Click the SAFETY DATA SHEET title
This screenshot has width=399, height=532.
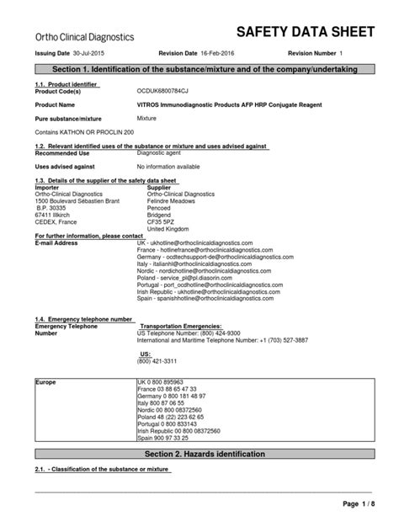click(x=305, y=33)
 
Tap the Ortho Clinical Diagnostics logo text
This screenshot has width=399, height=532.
click(x=85, y=36)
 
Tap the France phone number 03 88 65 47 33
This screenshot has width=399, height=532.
click(x=173, y=388)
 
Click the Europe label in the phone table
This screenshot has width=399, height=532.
click(x=47, y=381)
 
